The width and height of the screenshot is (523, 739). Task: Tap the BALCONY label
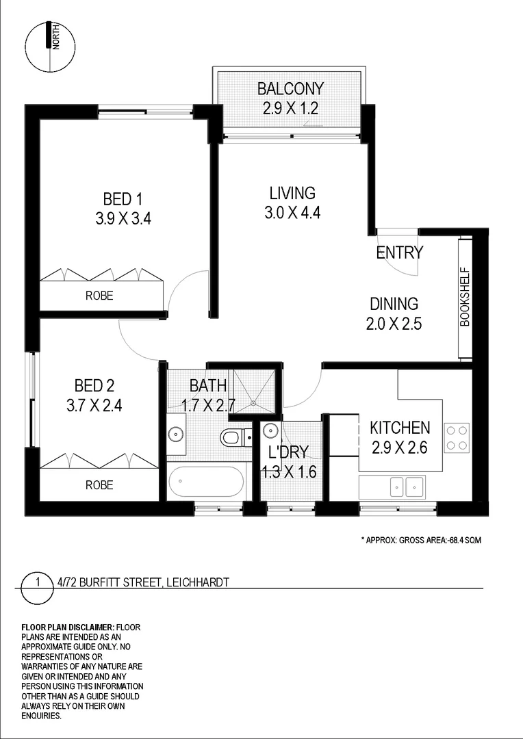coord(290,88)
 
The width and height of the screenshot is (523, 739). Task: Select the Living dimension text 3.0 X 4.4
coord(292,212)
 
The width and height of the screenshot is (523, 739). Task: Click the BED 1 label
coord(123,199)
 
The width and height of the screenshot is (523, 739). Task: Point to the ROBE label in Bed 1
coord(99,296)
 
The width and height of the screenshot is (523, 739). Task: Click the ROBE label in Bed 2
coord(99,485)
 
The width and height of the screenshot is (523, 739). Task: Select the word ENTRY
coord(400,252)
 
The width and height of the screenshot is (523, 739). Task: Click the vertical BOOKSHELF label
coord(465,296)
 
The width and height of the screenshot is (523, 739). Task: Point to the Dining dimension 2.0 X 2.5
coord(394,324)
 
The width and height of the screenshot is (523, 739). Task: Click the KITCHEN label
coord(400,428)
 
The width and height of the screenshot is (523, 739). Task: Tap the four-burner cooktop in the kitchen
coord(457,438)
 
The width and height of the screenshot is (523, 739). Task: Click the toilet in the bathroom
coord(232,436)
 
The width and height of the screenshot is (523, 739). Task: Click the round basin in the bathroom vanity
coord(176,434)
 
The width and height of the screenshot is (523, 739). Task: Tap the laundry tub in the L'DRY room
coord(270,431)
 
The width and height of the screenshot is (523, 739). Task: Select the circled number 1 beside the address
coord(38,582)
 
